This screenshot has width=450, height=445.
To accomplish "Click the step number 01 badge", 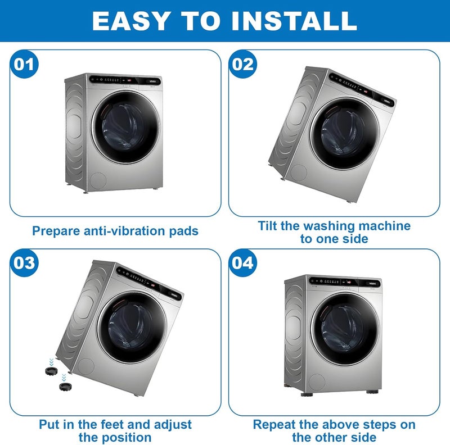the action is pyautogui.click(x=24, y=64).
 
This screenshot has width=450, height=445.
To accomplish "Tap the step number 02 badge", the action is pyautogui.click(x=243, y=64).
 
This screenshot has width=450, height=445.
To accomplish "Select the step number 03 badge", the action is pyautogui.click(x=24, y=263).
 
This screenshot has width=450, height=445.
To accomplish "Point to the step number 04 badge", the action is pyautogui.click(x=243, y=263).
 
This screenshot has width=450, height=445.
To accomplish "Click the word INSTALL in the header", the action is pyautogui.click(x=294, y=21).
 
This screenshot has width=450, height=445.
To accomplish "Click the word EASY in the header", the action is pyautogui.click(x=130, y=21).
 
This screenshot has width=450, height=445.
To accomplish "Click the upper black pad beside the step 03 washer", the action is pyautogui.click(x=51, y=370).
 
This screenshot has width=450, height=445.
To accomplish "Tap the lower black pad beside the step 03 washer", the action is pyautogui.click(x=65, y=386).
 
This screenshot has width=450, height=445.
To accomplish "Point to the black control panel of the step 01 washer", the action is pyautogui.click(x=124, y=80).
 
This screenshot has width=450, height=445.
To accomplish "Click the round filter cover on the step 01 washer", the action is pyautogui.click(x=98, y=180).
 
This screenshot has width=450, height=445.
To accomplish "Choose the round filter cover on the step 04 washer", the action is pyautogui.click(x=317, y=382).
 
